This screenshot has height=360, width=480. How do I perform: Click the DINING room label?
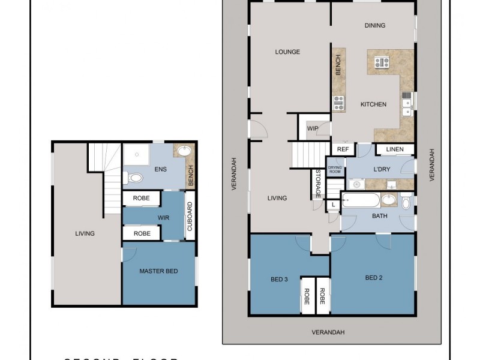point(374,25)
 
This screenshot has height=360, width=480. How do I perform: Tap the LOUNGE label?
point(287,52)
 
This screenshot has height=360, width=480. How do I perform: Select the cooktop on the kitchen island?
point(382,62)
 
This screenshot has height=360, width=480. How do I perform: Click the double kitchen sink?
point(407,103)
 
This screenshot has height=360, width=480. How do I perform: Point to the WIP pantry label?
point(313,128)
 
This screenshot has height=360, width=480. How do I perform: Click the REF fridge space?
point(343,149)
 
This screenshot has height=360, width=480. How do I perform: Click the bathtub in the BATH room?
point(361,200)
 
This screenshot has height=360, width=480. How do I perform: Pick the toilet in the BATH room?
point(406,203)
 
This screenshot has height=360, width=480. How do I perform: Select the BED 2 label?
point(373,278)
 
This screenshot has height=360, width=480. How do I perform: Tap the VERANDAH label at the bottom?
point(328,332)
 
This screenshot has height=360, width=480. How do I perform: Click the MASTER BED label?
point(158,271)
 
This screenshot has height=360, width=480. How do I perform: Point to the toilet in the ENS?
point(135,178)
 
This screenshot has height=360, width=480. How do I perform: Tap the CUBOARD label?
point(190,216)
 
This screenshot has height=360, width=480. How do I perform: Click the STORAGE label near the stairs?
point(317,183)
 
